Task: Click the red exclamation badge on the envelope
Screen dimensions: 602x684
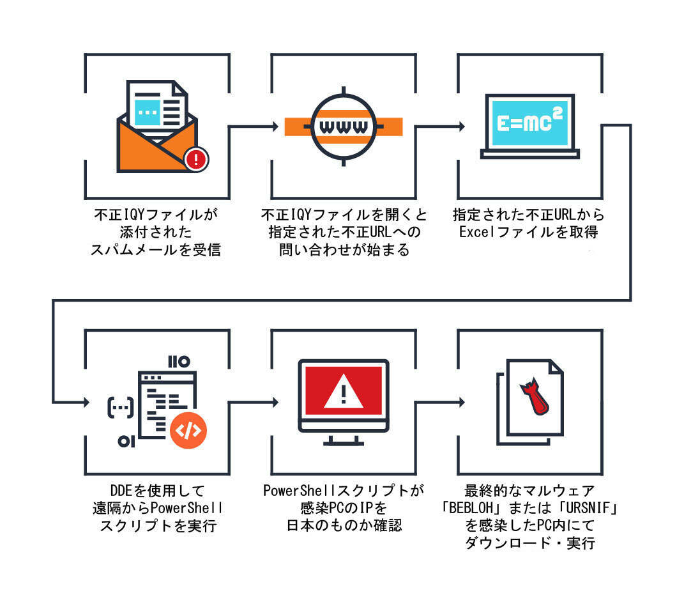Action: point(196,159)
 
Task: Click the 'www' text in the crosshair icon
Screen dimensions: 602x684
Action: point(344,126)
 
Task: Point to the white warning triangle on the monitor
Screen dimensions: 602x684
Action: point(344,392)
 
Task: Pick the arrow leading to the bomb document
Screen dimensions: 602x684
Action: point(441,403)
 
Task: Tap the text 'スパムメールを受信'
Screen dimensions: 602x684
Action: point(156,249)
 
